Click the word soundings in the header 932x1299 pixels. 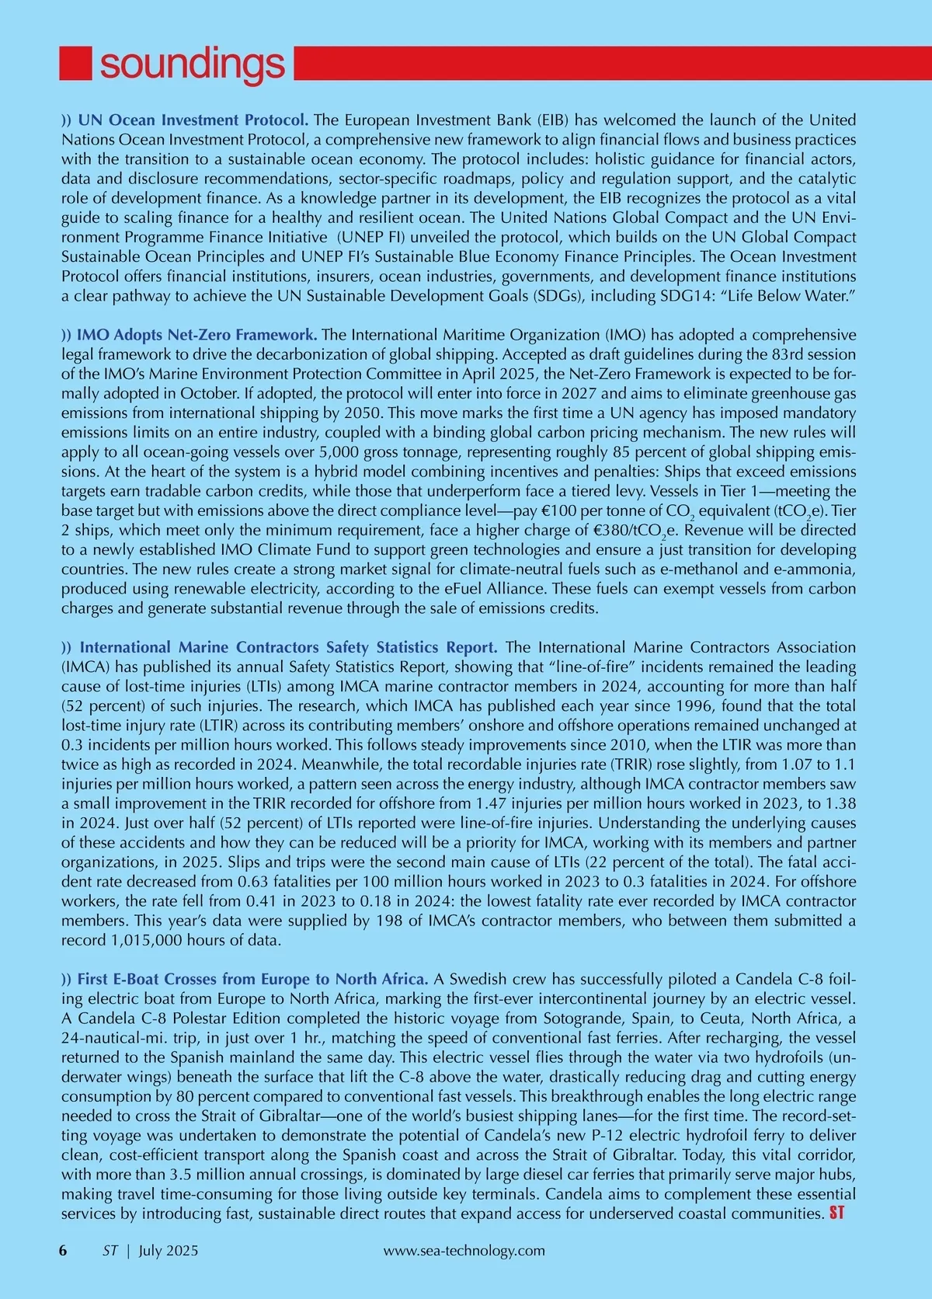click(193, 64)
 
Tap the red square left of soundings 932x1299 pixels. click(75, 64)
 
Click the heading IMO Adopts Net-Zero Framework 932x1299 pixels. click(196, 335)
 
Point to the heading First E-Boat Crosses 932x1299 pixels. click(252, 978)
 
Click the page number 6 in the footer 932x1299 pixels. click(64, 1251)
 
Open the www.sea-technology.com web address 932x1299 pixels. click(464, 1251)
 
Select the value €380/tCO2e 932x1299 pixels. click(638, 531)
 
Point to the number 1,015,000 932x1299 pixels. click(144, 940)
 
